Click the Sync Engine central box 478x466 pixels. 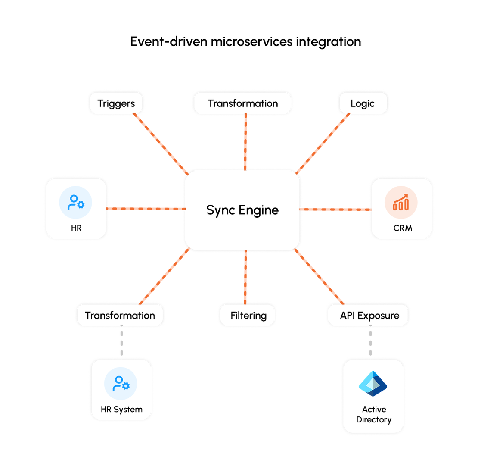pyautogui.click(x=242, y=210)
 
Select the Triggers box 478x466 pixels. pyautogui.click(x=116, y=103)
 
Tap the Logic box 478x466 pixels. pyautogui.click(x=363, y=103)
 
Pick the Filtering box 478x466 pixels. pyautogui.click(x=247, y=315)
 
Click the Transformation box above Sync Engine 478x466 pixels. pyautogui.click(x=242, y=103)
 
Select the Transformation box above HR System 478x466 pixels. pyautogui.click(x=120, y=315)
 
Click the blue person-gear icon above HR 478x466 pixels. pyautogui.click(x=76, y=202)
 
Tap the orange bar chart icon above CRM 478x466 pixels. pyautogui.click(x=401, y=202)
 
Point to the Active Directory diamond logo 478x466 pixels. pyautogui.click(x=373, y=384)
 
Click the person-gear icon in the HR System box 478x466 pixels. pyautogui.click(x=121, y=384)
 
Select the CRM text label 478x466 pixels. pyautogui.click(x=403, y=228)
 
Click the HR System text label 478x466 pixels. pyautogui.click(x=121, y=409)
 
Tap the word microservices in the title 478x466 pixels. pyautogui.click(x=251, y=41)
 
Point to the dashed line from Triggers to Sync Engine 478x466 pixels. pyautogui.click(x=161, y=144)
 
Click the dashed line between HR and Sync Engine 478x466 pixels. pyautogui.click(x=146, y=209)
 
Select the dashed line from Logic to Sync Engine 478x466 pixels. pyautogui.click(x=323, y=144)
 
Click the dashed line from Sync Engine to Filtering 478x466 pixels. pyautogui.click(x=245, y=277)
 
